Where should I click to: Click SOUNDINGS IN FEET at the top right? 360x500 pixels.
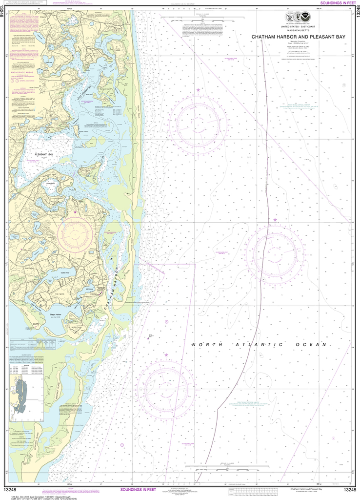(338, 3)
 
